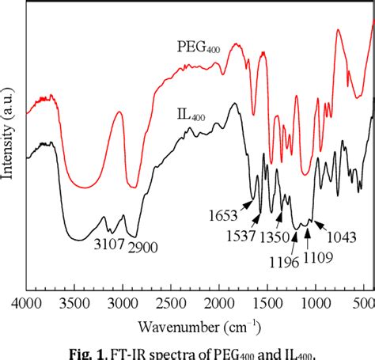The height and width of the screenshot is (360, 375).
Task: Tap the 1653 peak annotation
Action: click(x=225, y=215)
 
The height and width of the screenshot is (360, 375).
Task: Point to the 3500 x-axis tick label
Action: click(x=75, y=302)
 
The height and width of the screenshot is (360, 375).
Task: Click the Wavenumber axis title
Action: click(x=199, y=324)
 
